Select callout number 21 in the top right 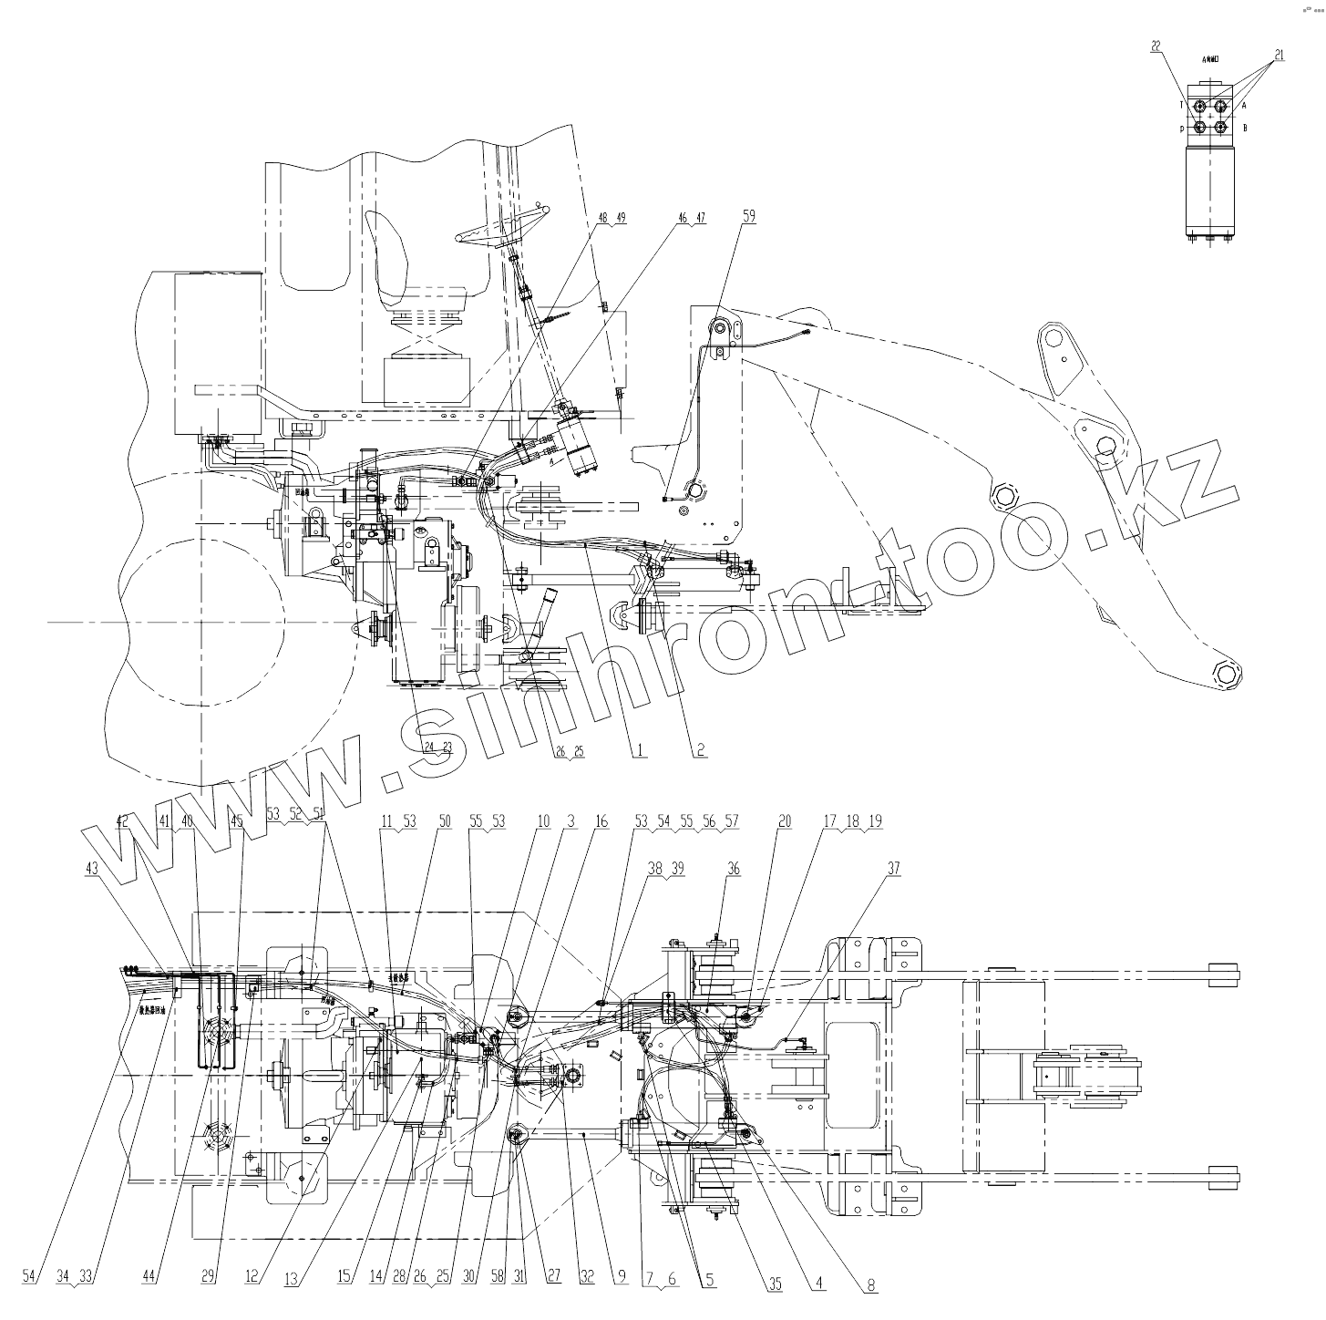point(1279,56)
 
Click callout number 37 point(893,869)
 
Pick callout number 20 point(784,821)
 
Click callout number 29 point(209,1277)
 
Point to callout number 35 point(775,1284)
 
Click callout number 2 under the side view point(699,750)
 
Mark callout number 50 point(445,821)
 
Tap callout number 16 point(601,821)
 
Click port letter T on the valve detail point(1182,105)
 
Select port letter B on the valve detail point(1245,128)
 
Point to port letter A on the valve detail point(1244,105)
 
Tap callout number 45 point(237,821)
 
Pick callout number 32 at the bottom point(588,1277)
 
